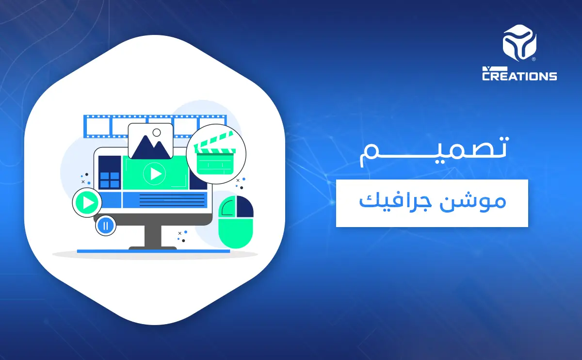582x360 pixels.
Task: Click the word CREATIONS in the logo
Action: pyautogui.click(x=519, y=76)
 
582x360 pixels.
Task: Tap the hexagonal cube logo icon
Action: pyautogui.click(x=519, y=44)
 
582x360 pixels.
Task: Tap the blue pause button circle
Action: pyautogui.click(x=106, y=225)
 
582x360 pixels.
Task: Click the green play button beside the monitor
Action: pyautogui.click(x=87, y=203)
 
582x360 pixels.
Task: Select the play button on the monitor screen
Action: pyautogui.click(x=155, y=173)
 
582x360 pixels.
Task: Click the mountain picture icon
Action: pyautogui.click(x=150, y=141)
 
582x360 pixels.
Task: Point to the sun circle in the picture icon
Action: pyautogui.click(x=156, y=132)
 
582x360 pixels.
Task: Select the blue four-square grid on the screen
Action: pyautogui.click(x=109, y=180)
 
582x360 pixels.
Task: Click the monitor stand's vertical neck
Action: pyautogui.click(x=153, y=236)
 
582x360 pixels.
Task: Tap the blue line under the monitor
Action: pyautogui.click(x=153, y=251)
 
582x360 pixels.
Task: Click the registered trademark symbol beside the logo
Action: pyautogui.click(x=534, y=60)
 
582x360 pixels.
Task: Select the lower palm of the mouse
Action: pyautogui.click(x=236, y=233)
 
